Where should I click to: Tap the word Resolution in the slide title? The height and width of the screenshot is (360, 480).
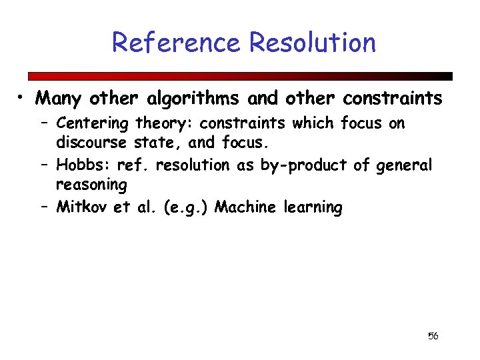tap(313, 43)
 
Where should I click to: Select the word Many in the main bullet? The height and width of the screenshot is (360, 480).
tap(59, 99)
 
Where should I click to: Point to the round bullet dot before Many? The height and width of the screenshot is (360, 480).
tap(23, 99)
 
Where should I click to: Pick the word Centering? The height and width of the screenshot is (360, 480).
tap(93, 123)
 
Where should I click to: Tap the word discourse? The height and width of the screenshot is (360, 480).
tap(91, 142)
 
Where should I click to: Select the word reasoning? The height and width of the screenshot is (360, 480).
tap(91, 184)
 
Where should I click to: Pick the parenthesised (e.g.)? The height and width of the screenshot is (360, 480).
tap(179, 207)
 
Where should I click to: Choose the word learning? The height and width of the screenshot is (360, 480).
tap(313, 207)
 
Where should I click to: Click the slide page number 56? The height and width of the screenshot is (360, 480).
tap(433, 336)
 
